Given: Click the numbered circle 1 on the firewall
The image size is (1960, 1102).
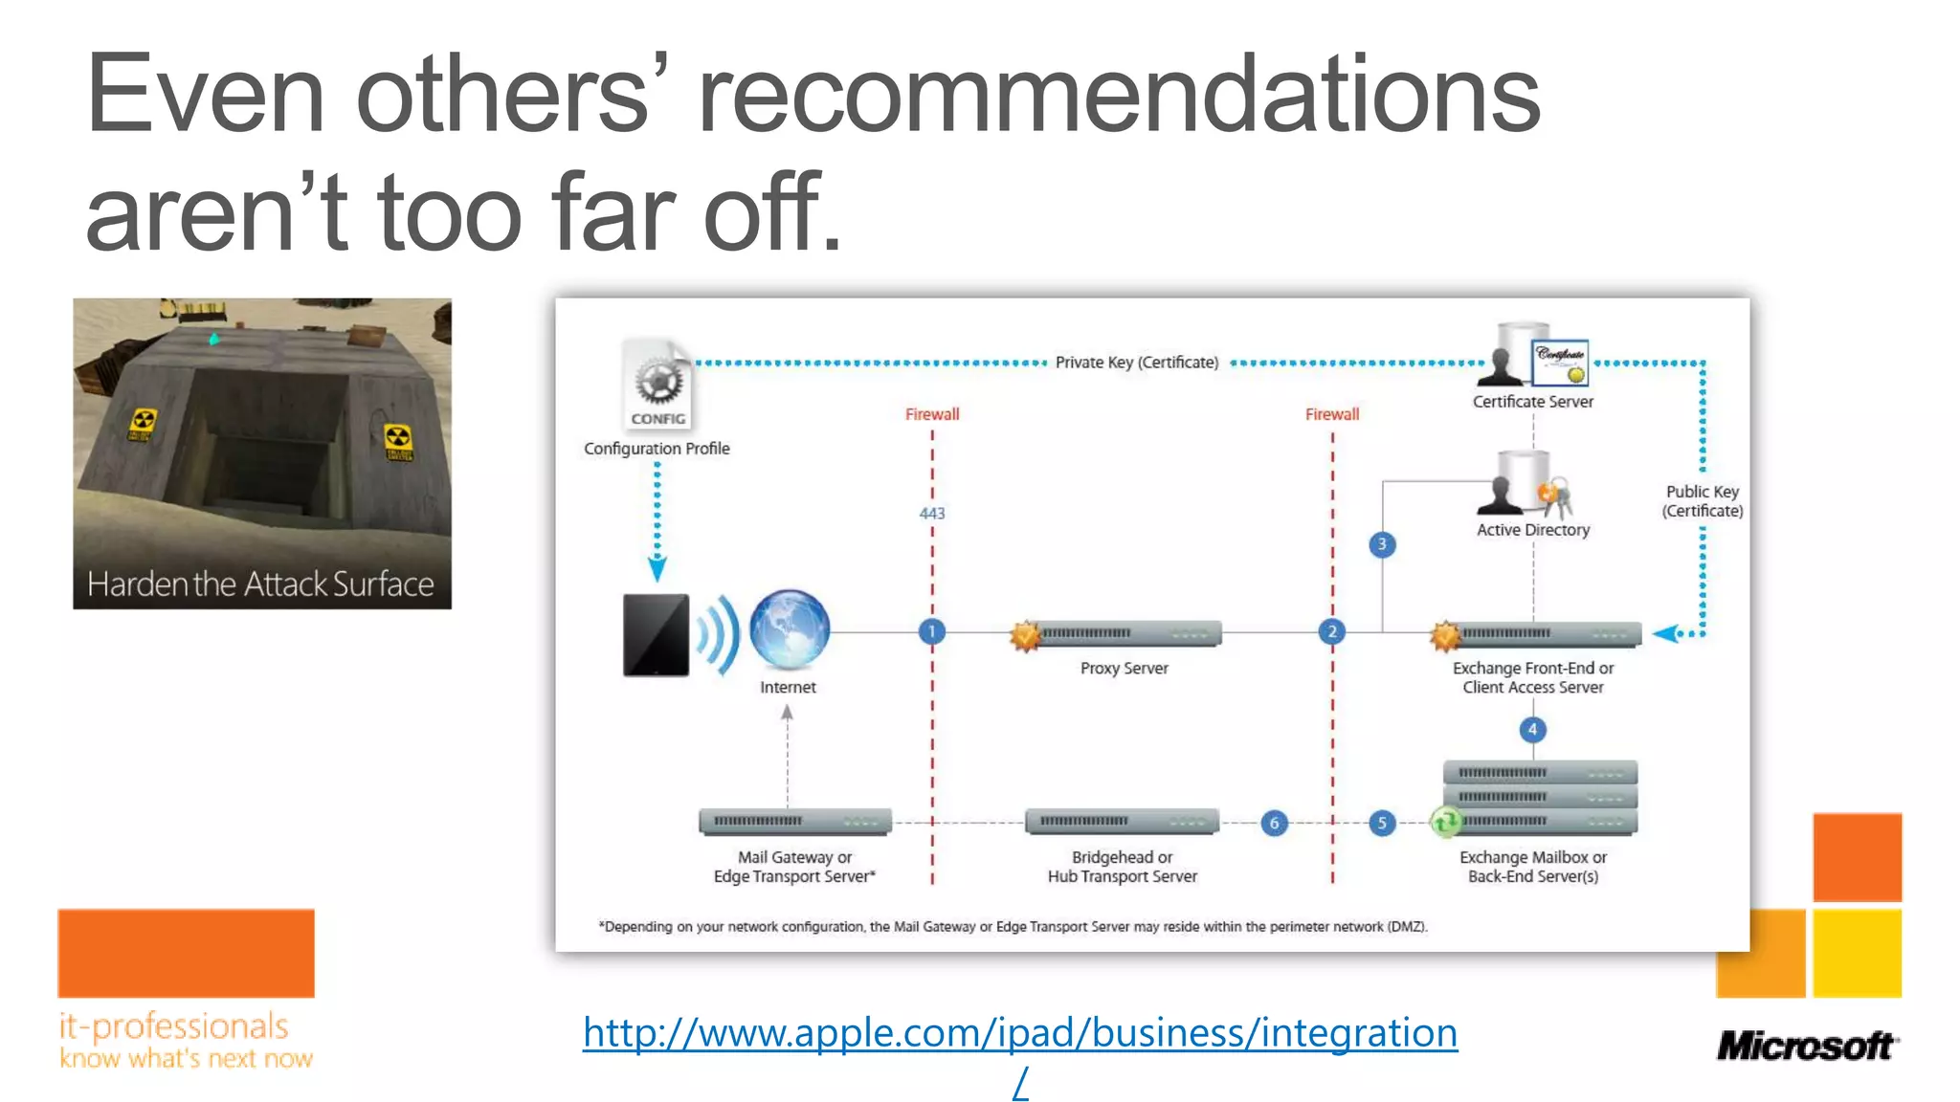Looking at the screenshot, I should [x=931, y=631].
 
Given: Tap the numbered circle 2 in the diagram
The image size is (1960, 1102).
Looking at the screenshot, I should [x=1331, y=631].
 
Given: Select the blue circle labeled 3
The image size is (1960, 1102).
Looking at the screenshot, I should [x=1381, y=544].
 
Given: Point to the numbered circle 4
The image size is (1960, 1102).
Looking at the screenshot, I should [x=1532, y=730].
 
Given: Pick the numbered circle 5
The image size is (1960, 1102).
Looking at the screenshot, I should [x=1381, y=823].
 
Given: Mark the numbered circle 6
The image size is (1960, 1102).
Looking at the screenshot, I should [x=1274, y=823].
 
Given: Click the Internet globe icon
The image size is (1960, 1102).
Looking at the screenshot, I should [x=790, y=629].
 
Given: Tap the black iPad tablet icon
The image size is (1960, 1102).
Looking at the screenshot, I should [x=657, y=635].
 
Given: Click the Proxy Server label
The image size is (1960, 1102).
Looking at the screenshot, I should [x=1124, y=669].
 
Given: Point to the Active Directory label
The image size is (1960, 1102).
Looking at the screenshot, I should [x=1532, y=530].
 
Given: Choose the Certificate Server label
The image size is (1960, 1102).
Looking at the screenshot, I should [x=1532, y=402].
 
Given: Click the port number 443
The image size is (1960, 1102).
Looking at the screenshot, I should [x=931, y=514].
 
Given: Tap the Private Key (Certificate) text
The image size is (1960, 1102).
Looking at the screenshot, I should [x=1136, y=363].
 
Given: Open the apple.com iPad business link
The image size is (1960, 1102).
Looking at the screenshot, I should [x=1019, y=1033].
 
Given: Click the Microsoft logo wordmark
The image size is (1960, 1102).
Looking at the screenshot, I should [x=1806, y=1046].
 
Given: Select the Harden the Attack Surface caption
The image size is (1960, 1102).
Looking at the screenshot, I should [x=260, y=584].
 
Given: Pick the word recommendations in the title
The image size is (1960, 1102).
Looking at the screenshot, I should [x=1119, y=96].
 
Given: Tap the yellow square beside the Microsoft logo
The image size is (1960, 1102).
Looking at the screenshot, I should [x=1857, y=953].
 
